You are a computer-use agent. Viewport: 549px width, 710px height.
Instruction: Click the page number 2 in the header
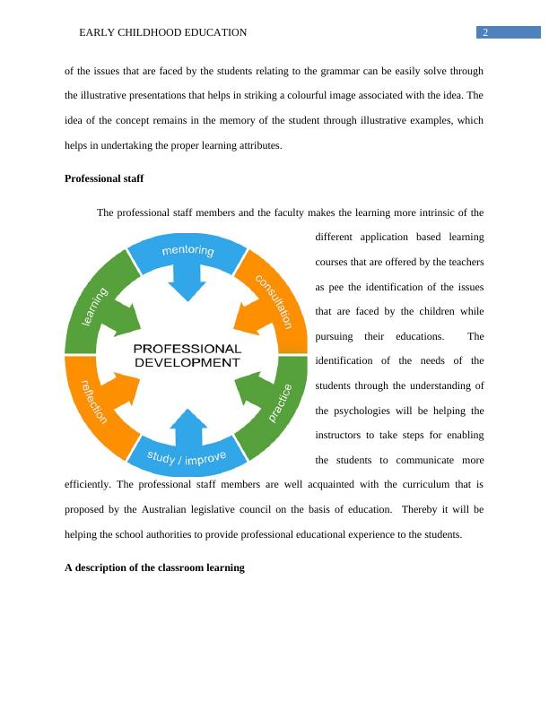(484, 33)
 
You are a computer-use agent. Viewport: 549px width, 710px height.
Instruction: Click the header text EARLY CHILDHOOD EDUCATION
(163, 33)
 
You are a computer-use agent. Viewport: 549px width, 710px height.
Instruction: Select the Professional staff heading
(104, 178)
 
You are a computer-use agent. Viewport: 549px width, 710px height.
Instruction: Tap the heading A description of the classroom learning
(154, 567)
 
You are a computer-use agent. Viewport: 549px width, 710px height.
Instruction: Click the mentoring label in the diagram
(187, 251)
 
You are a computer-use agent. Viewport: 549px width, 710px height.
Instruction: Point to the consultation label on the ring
(274, 300)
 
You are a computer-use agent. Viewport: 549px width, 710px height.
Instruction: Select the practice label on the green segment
(280, 403)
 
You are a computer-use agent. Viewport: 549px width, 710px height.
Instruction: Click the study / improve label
(187, 457)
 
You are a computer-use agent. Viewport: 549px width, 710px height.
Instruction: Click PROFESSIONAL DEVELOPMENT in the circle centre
(187, 355)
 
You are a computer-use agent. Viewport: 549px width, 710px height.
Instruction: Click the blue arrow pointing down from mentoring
(187, 285)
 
